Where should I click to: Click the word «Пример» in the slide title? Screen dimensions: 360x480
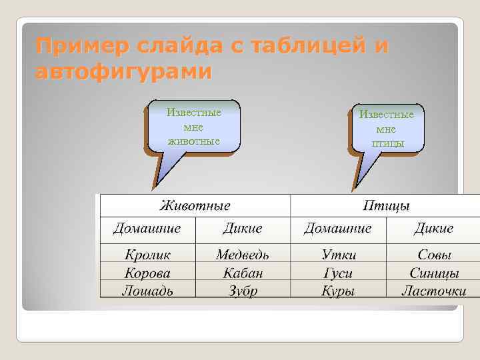(x=74, y=47)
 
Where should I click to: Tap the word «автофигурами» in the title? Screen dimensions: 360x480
(x=123, y=71)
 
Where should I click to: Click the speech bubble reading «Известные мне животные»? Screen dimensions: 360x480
(x=193, y=126)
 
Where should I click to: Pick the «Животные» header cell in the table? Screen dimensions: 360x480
(x=195, y=205)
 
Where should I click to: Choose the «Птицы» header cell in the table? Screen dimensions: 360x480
(x=386, y=205)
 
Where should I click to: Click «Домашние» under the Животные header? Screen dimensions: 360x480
(x=147, y=229)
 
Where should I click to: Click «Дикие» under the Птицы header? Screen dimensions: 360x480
(x=433, y=229)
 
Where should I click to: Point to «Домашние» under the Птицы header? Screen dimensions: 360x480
(x=337, y=229)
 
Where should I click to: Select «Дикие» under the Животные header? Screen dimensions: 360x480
(x=242, y=229)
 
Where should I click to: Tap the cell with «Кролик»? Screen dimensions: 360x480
(x=147, y=255)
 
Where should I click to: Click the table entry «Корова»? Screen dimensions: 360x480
(x=147, y=273)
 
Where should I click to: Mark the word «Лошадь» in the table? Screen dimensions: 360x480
(x=147, y=290)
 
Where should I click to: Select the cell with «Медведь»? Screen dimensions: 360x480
(x=242, y=255)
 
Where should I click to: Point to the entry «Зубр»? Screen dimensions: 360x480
(x=242, y=290)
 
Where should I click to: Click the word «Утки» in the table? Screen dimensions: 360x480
(x=338, y=255)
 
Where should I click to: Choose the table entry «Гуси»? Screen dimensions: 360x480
(x=337, y=273)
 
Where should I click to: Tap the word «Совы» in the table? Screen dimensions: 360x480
(x=434, y=255)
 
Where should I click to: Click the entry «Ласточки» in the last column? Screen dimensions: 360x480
(x=434, y=290)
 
